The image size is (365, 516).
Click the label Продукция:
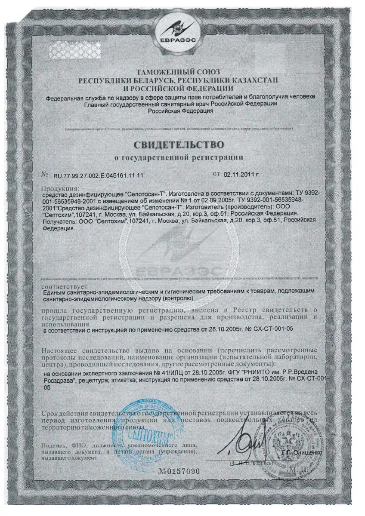(x=61, y=188)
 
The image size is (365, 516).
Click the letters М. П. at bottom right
(x=308, y=470)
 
